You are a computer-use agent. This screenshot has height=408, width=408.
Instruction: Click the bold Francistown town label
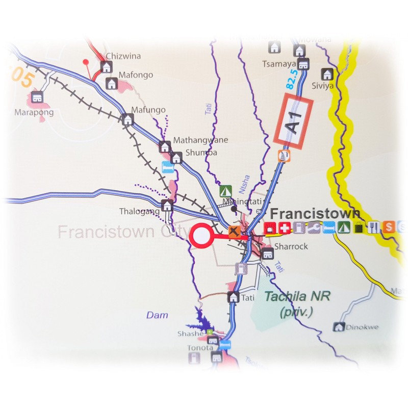(315, 213)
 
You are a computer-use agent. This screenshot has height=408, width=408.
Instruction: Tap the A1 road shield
(294, 122)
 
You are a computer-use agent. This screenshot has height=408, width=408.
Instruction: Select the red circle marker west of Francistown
(201, 236)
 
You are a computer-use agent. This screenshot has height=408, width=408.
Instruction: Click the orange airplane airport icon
(234, 232)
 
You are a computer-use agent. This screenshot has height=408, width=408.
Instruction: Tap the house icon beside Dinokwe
(338, 327)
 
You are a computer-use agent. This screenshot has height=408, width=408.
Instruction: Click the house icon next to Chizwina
(106, 67)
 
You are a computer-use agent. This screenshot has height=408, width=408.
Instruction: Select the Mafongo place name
(136, 75)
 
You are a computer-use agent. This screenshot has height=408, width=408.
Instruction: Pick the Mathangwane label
(200, 140)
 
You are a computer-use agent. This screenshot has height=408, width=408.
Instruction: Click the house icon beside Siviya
(327, 74)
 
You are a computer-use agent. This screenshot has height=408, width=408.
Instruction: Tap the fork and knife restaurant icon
(375, 228)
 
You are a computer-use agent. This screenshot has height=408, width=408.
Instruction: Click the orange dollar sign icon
(389, 227)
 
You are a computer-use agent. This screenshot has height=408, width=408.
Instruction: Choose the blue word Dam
(157, 315)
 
